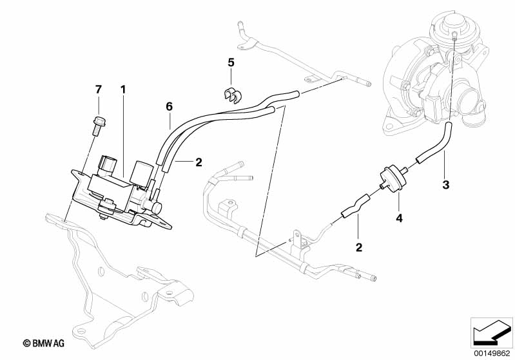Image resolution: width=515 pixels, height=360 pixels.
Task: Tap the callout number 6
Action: pyautogui.click(x=169, y=106)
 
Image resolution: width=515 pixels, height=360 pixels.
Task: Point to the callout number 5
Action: pyautogui.click(x=230, y=63)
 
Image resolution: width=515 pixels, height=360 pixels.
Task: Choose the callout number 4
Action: pyautogui.click(x=399, y=219)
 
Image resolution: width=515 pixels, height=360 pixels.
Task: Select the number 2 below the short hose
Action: pyautogui.click(x=359, y=247)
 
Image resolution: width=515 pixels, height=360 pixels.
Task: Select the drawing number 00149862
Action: pyautogui.click(x=492, y=352)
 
